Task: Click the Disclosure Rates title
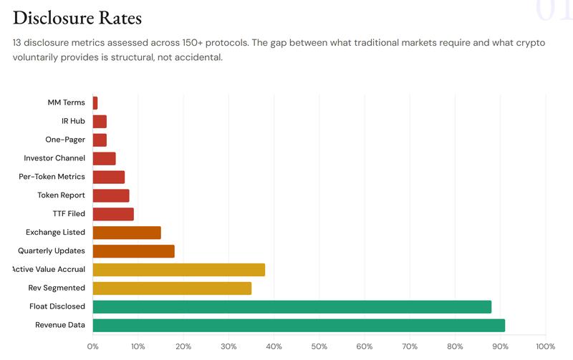coord(77,17)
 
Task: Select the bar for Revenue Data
coord(299,325)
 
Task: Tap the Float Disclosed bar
coord(292,306)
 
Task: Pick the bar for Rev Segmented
coord(172,288)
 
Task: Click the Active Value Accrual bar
coord(179,270)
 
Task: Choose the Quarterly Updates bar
coord(133,251)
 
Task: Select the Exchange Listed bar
coord(127,233)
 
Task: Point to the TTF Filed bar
coord(113,214)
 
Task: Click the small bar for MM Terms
coord(95,102)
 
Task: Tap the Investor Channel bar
coord(104,158)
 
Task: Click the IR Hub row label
coord(73,121)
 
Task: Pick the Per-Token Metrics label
coord(52,177)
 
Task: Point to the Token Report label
coord(61,195)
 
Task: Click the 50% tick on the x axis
coord(319,346)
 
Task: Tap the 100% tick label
coord(546,346)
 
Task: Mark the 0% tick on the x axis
coord(93,346)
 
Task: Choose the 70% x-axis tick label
coord(410,346)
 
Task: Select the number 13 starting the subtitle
coord(19,43)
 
